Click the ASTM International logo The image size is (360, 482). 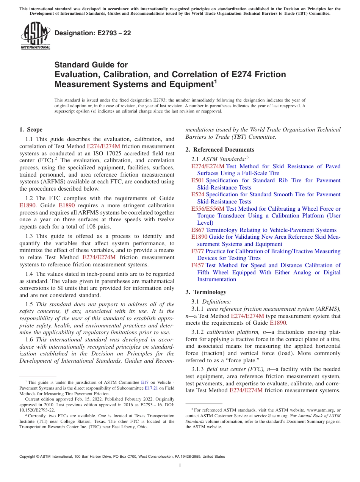[35, 36]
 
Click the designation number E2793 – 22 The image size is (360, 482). [93, 33]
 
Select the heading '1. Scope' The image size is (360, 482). [31, 130]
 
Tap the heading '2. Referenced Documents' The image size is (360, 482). [220, 150]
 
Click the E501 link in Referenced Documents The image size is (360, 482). [198, 180]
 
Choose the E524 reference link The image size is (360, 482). [198, 194]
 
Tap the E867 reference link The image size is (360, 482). [198, 230]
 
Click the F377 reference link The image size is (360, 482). [198, 251]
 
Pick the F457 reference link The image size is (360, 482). [198, 265]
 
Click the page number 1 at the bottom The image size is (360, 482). [180, 466]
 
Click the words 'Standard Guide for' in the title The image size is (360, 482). [91, 65]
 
